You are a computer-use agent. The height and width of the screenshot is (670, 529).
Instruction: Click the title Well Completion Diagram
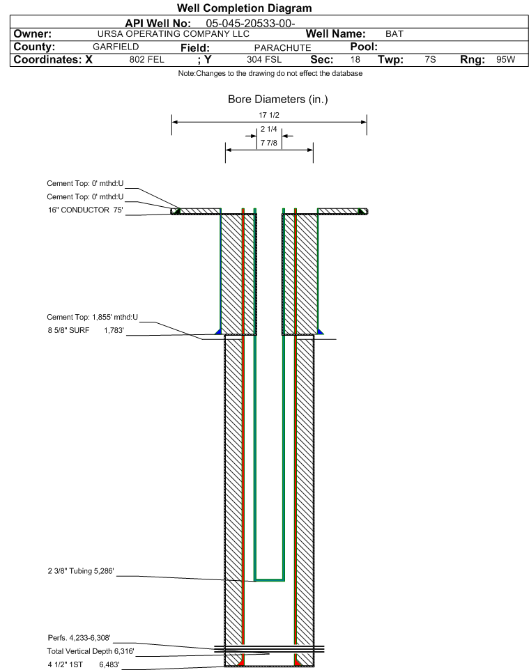tap(244, 8)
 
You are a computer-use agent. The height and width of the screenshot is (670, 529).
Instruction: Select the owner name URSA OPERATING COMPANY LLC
tap(174, 34)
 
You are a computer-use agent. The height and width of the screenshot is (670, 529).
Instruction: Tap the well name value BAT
tap(394, 34)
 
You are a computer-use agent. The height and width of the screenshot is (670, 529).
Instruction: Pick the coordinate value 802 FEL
tap(146, 60)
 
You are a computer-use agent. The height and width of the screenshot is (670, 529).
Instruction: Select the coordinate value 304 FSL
tap(264, 60)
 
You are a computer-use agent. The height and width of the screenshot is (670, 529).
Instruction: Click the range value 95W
tap(505, 60)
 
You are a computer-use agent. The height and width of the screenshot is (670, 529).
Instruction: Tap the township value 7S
tap(430, 60)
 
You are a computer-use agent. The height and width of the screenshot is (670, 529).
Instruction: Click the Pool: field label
tap(363, 47)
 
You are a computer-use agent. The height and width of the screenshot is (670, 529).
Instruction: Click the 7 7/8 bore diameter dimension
tap(268, 143)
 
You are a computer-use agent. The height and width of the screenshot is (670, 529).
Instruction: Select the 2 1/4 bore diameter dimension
tap(268, 130)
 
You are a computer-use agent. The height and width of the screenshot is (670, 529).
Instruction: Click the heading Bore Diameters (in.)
tap(277, 100)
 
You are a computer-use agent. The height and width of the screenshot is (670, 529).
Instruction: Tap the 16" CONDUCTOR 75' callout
tap(85, 210)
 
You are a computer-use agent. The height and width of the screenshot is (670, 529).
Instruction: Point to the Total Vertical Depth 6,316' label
tap(86, 651)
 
